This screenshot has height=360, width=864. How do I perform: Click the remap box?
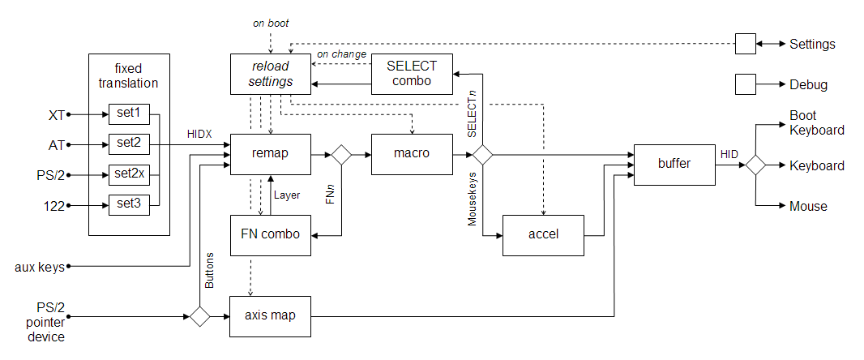point(271,153)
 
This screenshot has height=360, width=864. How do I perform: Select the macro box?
point(412,153)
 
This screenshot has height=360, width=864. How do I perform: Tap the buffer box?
point(674,165)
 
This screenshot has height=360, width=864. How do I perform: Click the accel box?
point(543,235)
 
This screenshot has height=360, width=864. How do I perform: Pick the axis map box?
point(271,315)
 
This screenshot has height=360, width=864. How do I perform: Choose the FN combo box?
point(271,235)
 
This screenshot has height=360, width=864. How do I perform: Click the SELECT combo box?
point(412,74)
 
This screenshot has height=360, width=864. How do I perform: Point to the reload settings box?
point(271,74)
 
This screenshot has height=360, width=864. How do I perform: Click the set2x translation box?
point(128,174)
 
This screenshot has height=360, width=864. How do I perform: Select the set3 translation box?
point(128,205)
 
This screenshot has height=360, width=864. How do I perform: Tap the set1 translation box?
point(128,114)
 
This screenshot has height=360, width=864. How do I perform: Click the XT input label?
point(57,114)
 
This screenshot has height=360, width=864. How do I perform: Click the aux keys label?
point(39,266)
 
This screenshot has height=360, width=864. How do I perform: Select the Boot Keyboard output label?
point(816,122)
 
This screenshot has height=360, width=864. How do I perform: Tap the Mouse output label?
point(808,206)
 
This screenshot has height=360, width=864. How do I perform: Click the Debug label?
point(808,84)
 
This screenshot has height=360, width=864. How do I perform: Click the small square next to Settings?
point(745,44)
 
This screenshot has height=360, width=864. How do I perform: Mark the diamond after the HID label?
point(755,165)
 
